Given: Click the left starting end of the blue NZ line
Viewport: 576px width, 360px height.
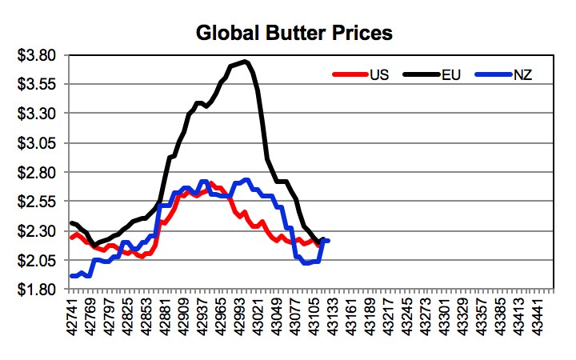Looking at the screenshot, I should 72,276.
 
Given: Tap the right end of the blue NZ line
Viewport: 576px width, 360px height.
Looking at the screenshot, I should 328,241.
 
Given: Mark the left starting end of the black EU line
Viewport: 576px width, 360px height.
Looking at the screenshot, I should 72,223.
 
